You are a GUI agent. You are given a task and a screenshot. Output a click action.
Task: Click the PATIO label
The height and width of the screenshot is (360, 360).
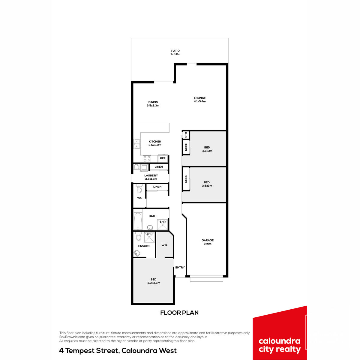(x=175, y=51)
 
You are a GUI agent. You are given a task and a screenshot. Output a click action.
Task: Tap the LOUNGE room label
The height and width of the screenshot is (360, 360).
(x=200, y=98)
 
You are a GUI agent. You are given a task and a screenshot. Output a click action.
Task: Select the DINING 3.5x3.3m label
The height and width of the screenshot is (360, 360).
(x=153, y=104)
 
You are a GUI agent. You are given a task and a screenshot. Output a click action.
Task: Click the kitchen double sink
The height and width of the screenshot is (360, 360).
(x=137, y=144)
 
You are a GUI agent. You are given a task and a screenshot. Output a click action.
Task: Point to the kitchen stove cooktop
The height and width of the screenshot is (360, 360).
(x=147, y=159)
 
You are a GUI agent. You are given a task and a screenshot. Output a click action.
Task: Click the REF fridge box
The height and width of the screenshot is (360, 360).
(x=163, y=158)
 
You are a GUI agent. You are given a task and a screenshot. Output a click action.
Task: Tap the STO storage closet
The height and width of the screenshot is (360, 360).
(x=186, y=135)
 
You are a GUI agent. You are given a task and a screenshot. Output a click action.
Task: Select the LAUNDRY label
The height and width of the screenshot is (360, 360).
(x=151, y=175)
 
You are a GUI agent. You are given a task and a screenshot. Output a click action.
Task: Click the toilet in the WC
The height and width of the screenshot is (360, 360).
(x=139, y=188)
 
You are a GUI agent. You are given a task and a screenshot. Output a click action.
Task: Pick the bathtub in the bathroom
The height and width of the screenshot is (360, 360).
(x=138, y=221)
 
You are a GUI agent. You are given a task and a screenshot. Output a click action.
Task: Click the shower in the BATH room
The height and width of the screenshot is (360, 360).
(x=163, y=225)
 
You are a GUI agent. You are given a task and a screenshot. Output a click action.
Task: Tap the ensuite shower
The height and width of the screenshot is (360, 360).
(x=149, y=237)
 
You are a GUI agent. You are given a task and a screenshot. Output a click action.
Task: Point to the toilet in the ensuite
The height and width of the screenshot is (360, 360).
(x=138, y=236)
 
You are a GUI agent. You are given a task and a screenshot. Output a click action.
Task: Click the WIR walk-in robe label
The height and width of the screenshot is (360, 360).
(x=164, y=245)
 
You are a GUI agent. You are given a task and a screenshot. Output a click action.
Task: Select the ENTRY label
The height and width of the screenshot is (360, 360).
(x=180, y=268)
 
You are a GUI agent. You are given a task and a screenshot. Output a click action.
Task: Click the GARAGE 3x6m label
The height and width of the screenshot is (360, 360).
(x=208, y=242)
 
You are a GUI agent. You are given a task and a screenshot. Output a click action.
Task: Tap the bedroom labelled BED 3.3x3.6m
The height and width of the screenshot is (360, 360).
(x=154, y=281)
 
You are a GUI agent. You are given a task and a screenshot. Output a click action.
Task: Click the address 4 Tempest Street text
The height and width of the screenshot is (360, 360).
(x=89, y=351)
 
